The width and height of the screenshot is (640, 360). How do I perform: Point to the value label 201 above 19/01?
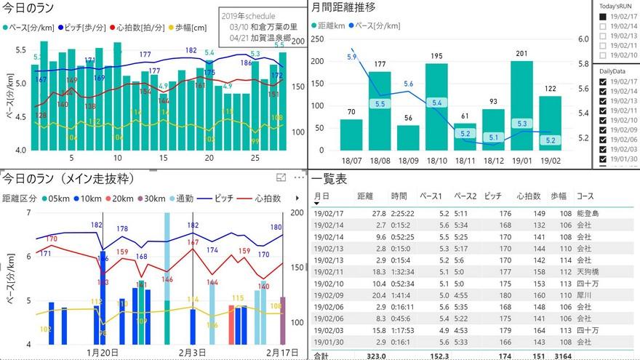pyautogui.click(x=521, y=53)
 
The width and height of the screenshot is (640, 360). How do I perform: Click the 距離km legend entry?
pyautogui.click(x=329, y=25)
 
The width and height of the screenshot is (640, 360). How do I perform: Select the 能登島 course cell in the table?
pyautogui.click(x=586, y=214)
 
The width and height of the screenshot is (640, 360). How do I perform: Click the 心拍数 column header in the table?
pyautogui.click(x=529, y=196)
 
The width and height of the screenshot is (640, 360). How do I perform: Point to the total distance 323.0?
pyautogui.click(x=375, y=355)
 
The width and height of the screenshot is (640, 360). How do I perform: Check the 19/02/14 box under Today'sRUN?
pyautogui.click(x=603, y=25)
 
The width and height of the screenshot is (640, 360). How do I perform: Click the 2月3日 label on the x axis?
pyautogui.click(x=192, y=352)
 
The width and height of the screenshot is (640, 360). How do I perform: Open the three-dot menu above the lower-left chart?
pyautogui.click(x=299, y=177)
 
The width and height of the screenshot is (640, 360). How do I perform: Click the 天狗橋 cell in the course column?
pyautogui.click(x=586, y=271)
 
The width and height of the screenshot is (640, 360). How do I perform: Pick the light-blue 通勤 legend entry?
pyautogui.click(x=183, y=198)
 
